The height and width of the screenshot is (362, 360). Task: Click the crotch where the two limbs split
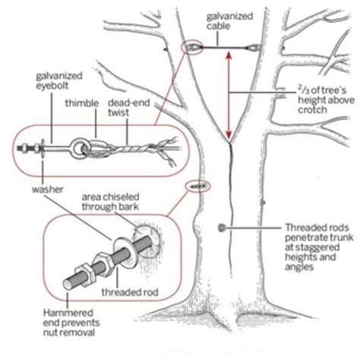click(228, 141)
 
